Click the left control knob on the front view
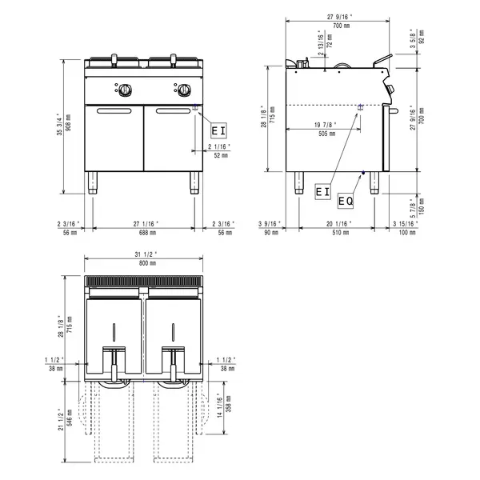pos(125,88)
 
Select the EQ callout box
pos(346,200)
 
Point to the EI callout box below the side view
pos(322,191)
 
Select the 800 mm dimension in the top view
pos(146,264)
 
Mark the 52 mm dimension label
pos(218,155)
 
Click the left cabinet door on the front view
pos(114,138)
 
